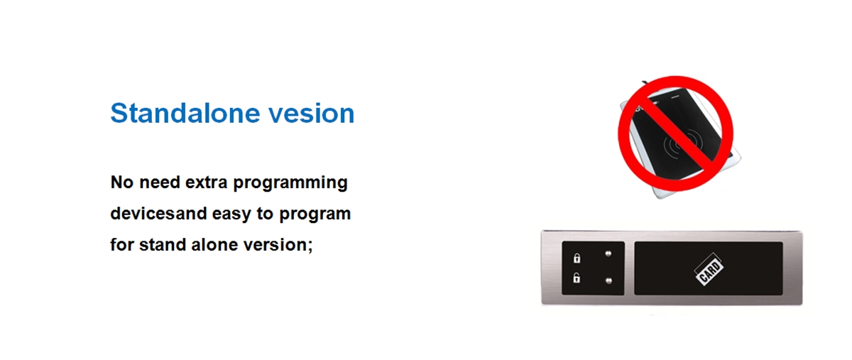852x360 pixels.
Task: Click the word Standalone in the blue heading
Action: click(x=185, y=113)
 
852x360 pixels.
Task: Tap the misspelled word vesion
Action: click(x=312, y=114)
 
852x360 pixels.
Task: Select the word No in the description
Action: click(x=121, y=182)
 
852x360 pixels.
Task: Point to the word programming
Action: click(x=290, y=183)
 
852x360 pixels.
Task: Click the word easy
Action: click(x=231, y=214)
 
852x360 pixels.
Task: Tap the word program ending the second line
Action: click(x=315, y=214)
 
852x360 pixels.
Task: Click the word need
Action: click(x=159, y=182)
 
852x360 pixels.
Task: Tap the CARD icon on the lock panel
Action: click(x=709, y=269)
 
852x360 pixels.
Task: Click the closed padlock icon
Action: click(x=577, y=258)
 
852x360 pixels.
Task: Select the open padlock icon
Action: click(x=577, y=278)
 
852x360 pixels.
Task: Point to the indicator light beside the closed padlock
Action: click(x=608, y=253)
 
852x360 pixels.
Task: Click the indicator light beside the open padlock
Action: click(x=608, y=281)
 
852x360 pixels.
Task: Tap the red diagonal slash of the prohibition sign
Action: click(x=675, y=133)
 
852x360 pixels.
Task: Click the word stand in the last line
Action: click(x=163, y=245)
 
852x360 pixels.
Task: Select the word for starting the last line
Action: click(x=121, y=245)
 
